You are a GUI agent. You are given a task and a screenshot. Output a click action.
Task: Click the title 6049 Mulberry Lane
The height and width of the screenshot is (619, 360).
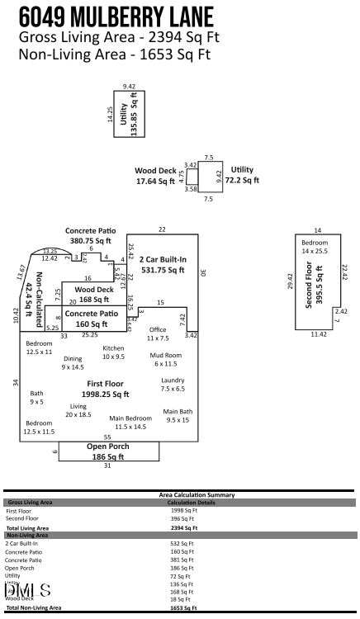coord(116,17)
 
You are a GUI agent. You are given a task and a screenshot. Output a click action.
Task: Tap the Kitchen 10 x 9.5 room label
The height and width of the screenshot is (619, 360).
coord(113,352)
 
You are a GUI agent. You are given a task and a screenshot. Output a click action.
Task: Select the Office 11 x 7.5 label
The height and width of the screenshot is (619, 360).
coord(158,334)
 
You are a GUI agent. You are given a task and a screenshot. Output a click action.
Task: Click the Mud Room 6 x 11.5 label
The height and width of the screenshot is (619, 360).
coord(167,359)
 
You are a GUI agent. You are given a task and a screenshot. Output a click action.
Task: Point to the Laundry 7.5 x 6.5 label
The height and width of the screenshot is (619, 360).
coord(173,384)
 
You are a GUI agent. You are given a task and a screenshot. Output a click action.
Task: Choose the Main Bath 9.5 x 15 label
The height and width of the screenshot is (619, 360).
coord(178,415)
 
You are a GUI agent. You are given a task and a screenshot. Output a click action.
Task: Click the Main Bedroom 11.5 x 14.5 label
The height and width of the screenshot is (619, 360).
coord(130,423)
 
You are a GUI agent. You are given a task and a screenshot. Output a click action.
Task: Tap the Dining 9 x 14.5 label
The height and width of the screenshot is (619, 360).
coord(73,362)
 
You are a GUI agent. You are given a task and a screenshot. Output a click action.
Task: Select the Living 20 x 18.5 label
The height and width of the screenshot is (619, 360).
coord(78,410)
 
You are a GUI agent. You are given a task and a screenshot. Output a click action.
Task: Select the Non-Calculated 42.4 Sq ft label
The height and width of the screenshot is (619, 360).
coord(34,295)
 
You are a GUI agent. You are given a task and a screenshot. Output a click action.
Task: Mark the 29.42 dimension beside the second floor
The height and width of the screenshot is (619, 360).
coord(289,281)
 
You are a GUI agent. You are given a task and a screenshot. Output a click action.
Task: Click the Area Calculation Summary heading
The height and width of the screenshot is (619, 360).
coord(196,494)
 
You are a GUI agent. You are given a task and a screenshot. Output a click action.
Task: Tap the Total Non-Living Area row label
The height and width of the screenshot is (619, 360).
coord(34,607)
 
